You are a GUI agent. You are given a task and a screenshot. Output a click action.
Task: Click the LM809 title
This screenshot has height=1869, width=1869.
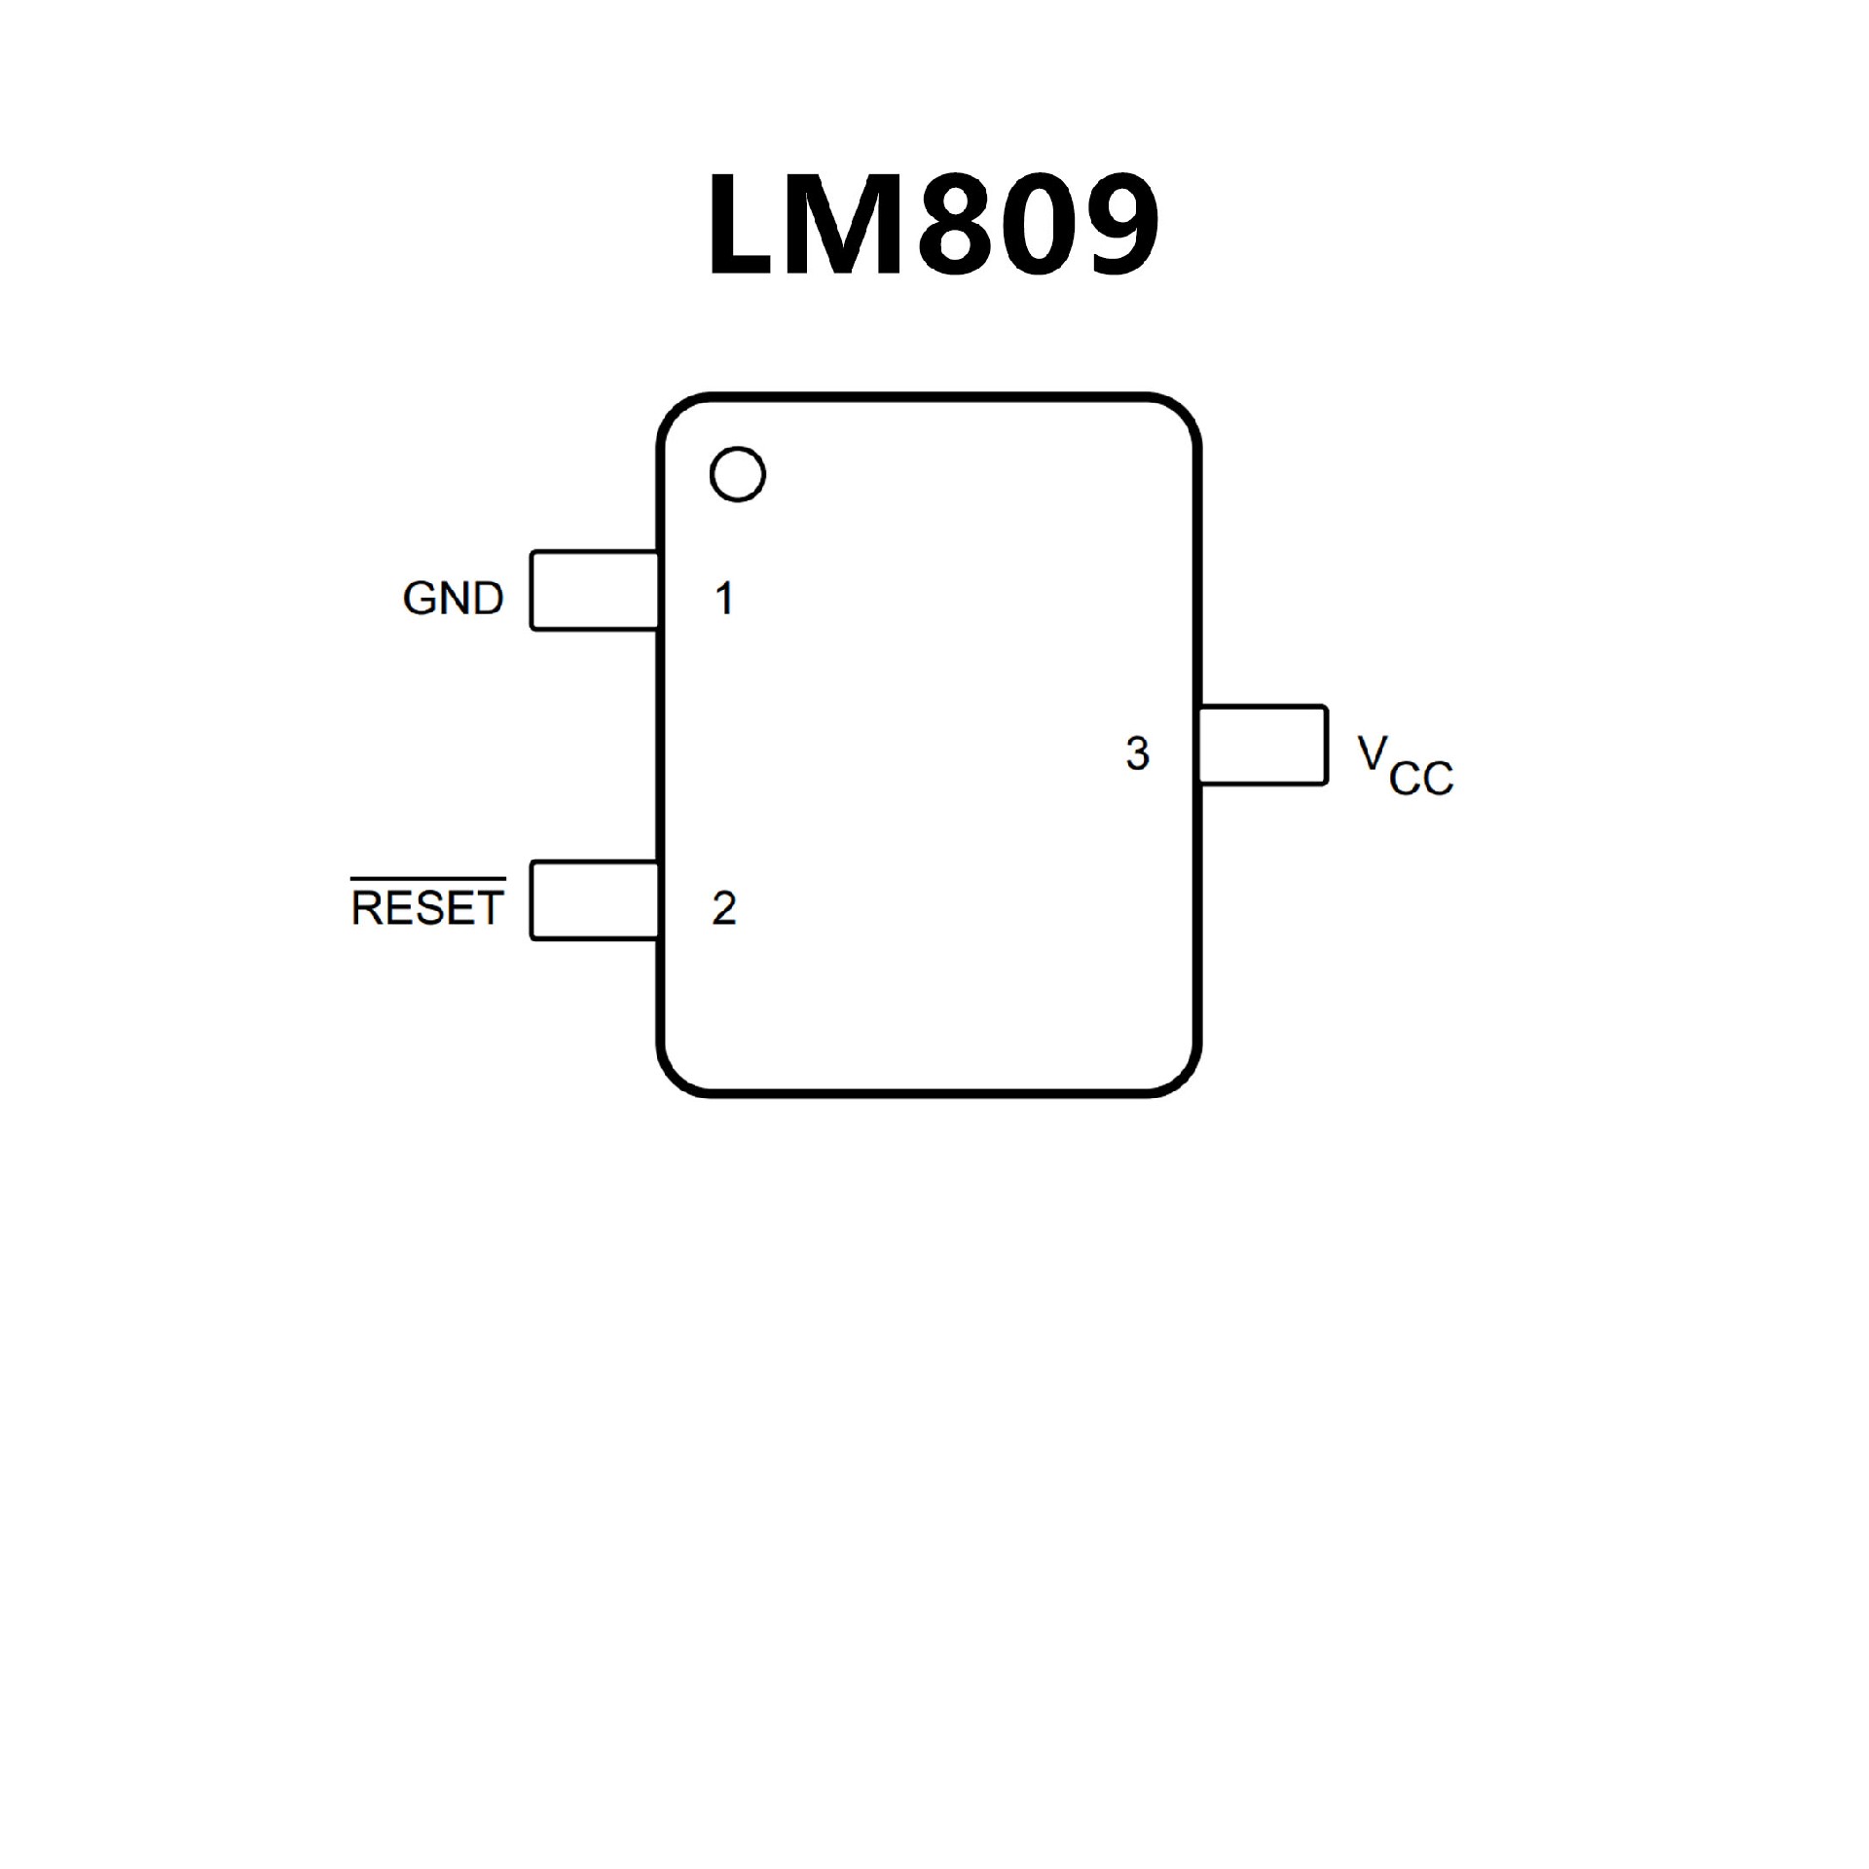point(933,226)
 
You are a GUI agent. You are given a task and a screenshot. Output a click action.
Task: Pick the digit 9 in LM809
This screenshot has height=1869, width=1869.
point(1119,226)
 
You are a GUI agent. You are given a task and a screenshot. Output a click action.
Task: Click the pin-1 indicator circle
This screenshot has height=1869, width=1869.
point(738,474)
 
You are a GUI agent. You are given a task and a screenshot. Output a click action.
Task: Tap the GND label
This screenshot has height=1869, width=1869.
point(453,598)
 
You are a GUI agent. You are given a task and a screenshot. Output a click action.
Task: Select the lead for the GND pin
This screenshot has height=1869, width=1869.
point(594,591)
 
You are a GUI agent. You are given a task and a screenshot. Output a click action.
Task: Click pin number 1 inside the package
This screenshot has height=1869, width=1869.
point(724,598)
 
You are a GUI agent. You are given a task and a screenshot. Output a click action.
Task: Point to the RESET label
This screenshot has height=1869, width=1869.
point(427,908)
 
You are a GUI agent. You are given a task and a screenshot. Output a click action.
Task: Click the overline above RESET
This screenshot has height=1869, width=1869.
point(427,880)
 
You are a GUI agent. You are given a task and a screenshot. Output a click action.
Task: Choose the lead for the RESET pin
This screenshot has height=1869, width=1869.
point(594,900)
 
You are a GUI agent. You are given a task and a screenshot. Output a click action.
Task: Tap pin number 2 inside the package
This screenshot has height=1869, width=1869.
point(724,908)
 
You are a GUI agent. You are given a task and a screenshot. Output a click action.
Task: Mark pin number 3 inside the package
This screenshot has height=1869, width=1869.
point(1137,753)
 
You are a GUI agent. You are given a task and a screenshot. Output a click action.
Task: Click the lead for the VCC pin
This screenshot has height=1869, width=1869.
point(1263,745)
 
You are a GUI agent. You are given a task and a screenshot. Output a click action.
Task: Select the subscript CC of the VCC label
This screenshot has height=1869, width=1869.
point(1421,779)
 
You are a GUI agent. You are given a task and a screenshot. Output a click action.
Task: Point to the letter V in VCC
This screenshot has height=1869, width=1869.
point(1373,751)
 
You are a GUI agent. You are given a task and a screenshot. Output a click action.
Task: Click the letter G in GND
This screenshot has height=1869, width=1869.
point(421,598)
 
